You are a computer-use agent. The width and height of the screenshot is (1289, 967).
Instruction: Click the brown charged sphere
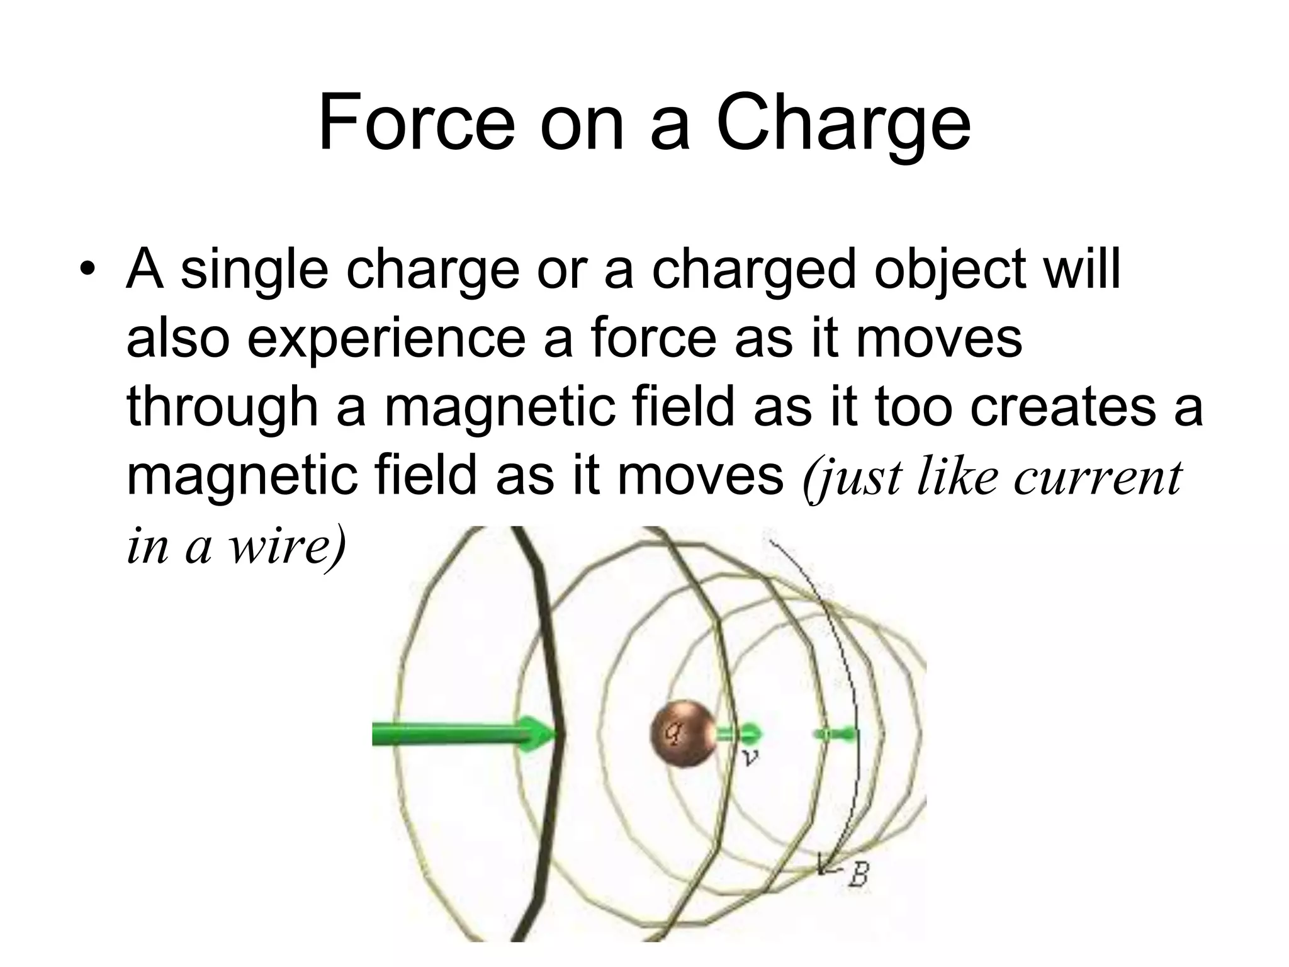point(683,733)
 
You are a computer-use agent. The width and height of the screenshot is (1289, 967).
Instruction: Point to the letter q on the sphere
point(674,732)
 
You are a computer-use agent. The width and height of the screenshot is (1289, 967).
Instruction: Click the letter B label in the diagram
point(858,875)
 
